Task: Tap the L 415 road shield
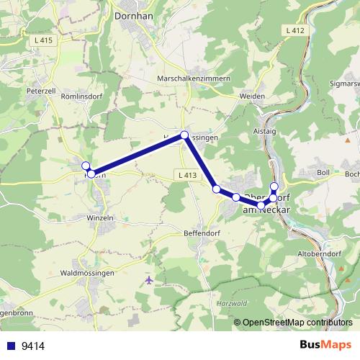44,40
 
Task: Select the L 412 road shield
295,30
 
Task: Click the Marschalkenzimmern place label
193,78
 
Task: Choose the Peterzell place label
40,92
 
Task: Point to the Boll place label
323,173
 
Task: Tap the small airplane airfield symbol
149,279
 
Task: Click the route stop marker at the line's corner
184,135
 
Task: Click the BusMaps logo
325,345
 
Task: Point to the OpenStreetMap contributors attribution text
297,322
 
